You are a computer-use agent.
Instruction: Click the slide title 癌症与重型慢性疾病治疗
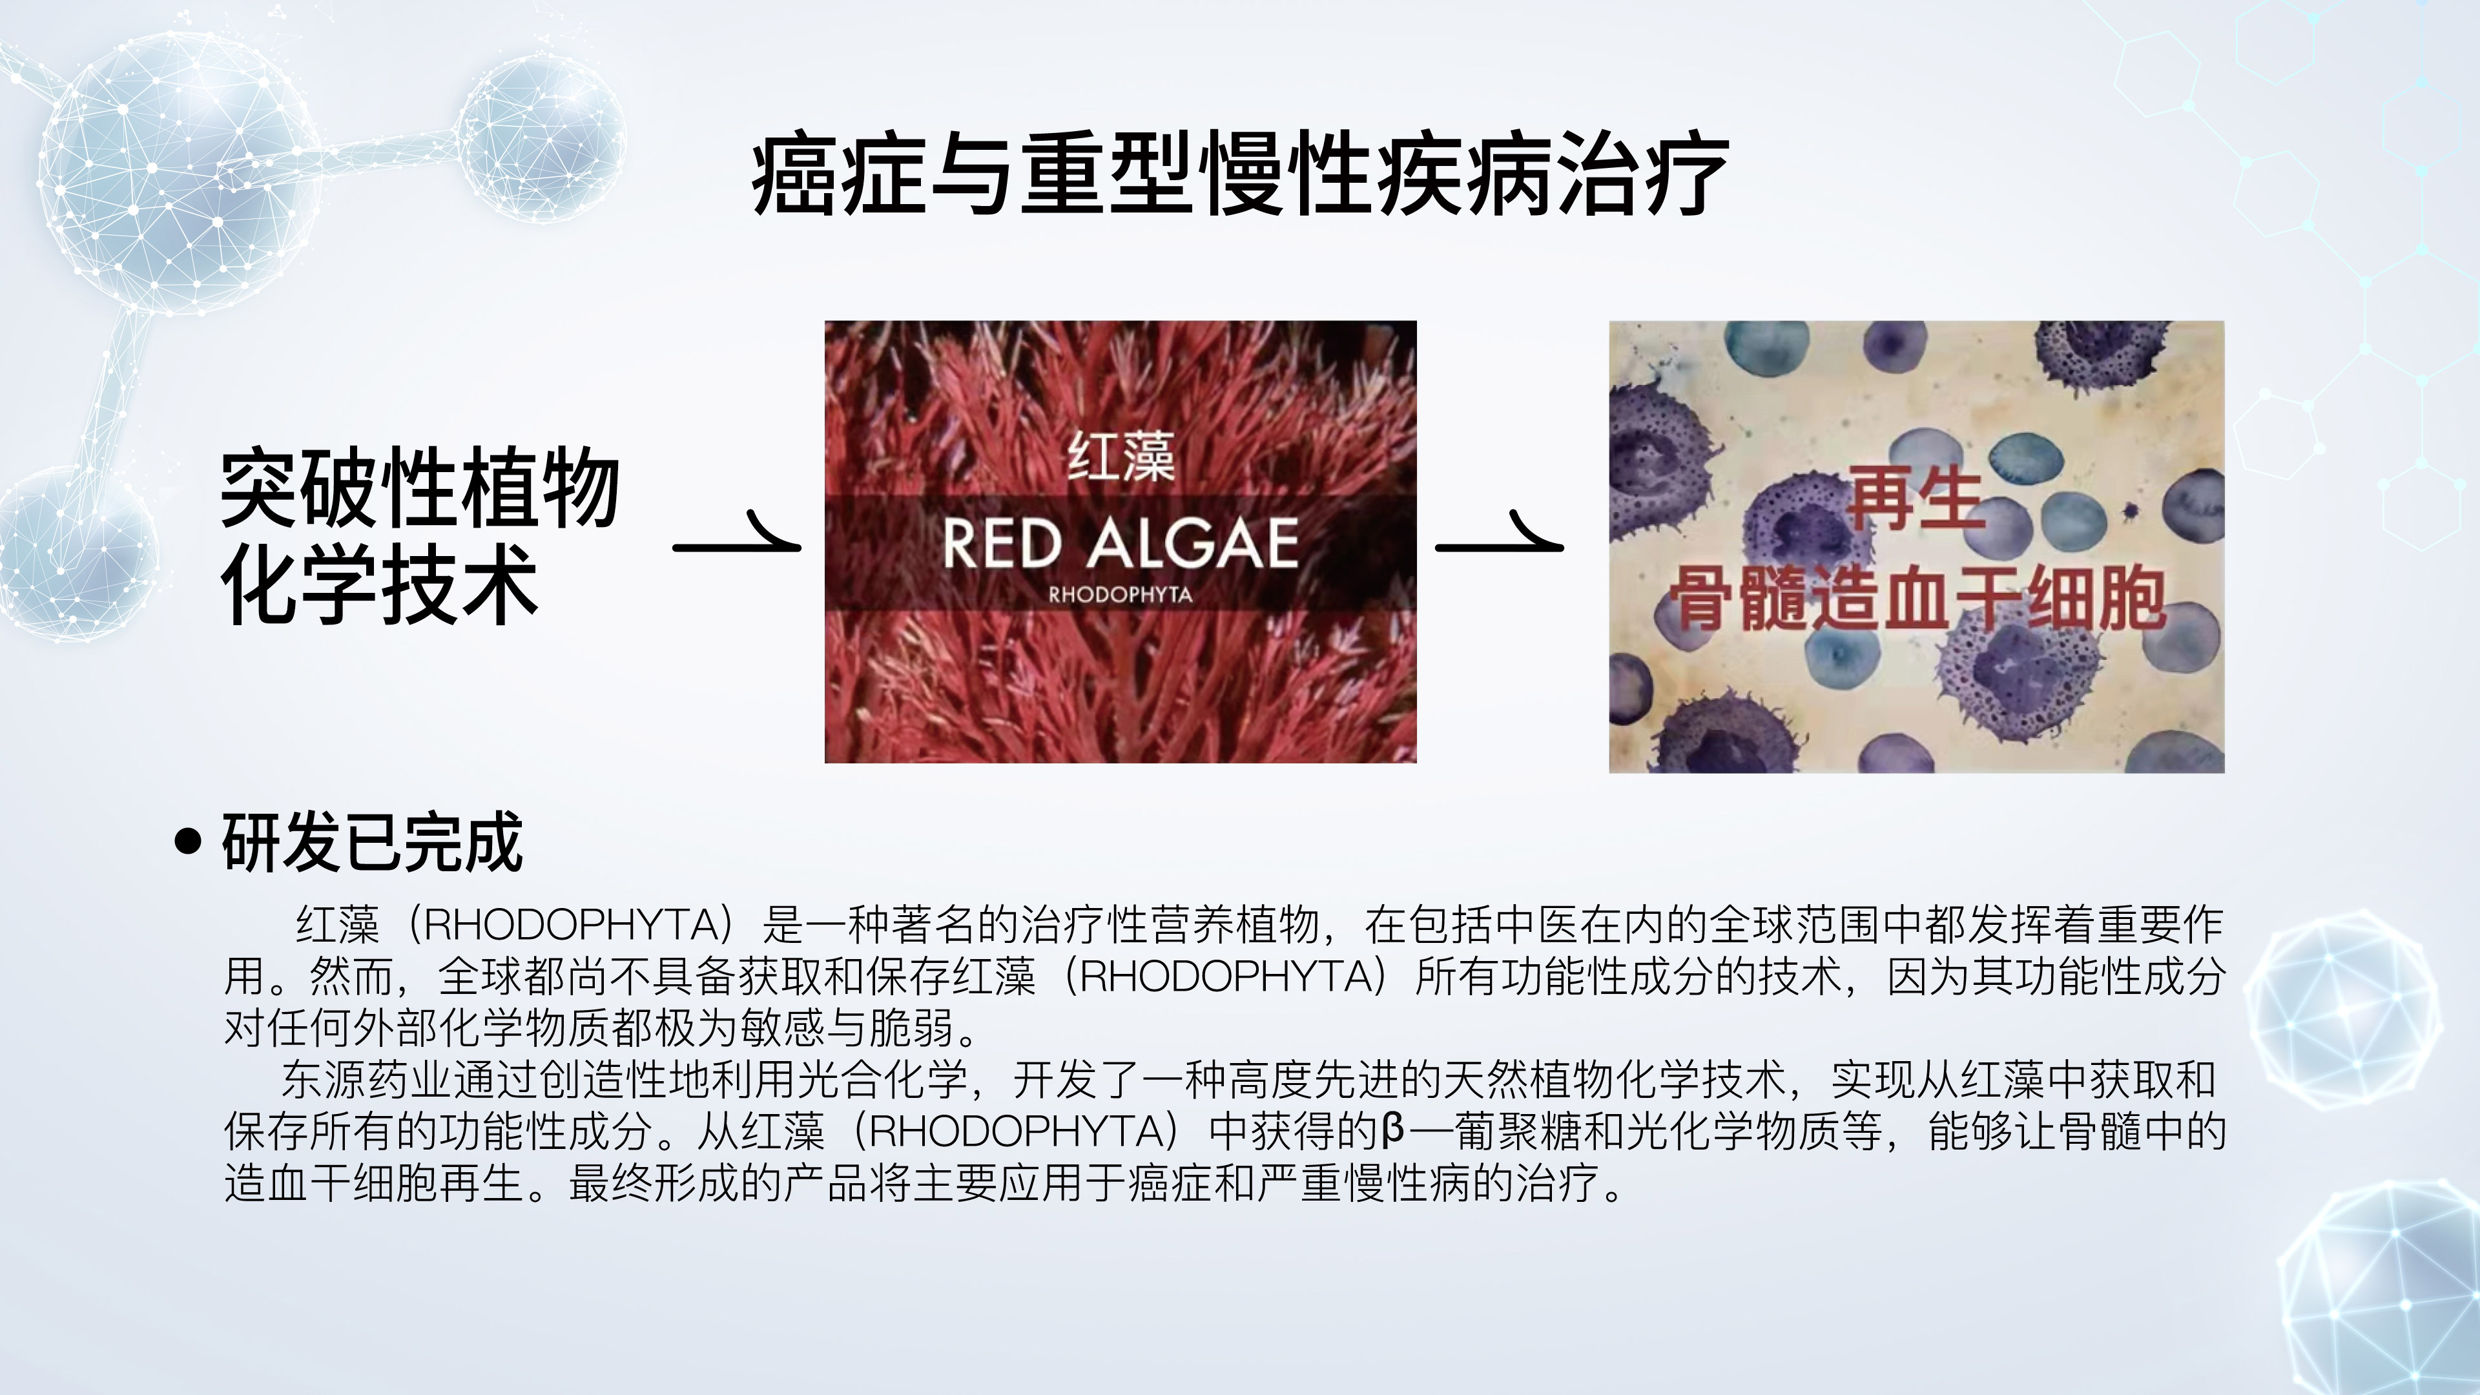point(1240,175)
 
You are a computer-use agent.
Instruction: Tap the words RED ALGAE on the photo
point(1121,544)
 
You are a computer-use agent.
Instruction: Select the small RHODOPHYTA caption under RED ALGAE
point(1121,595)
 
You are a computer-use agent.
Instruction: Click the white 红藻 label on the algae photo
point(1121,457)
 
